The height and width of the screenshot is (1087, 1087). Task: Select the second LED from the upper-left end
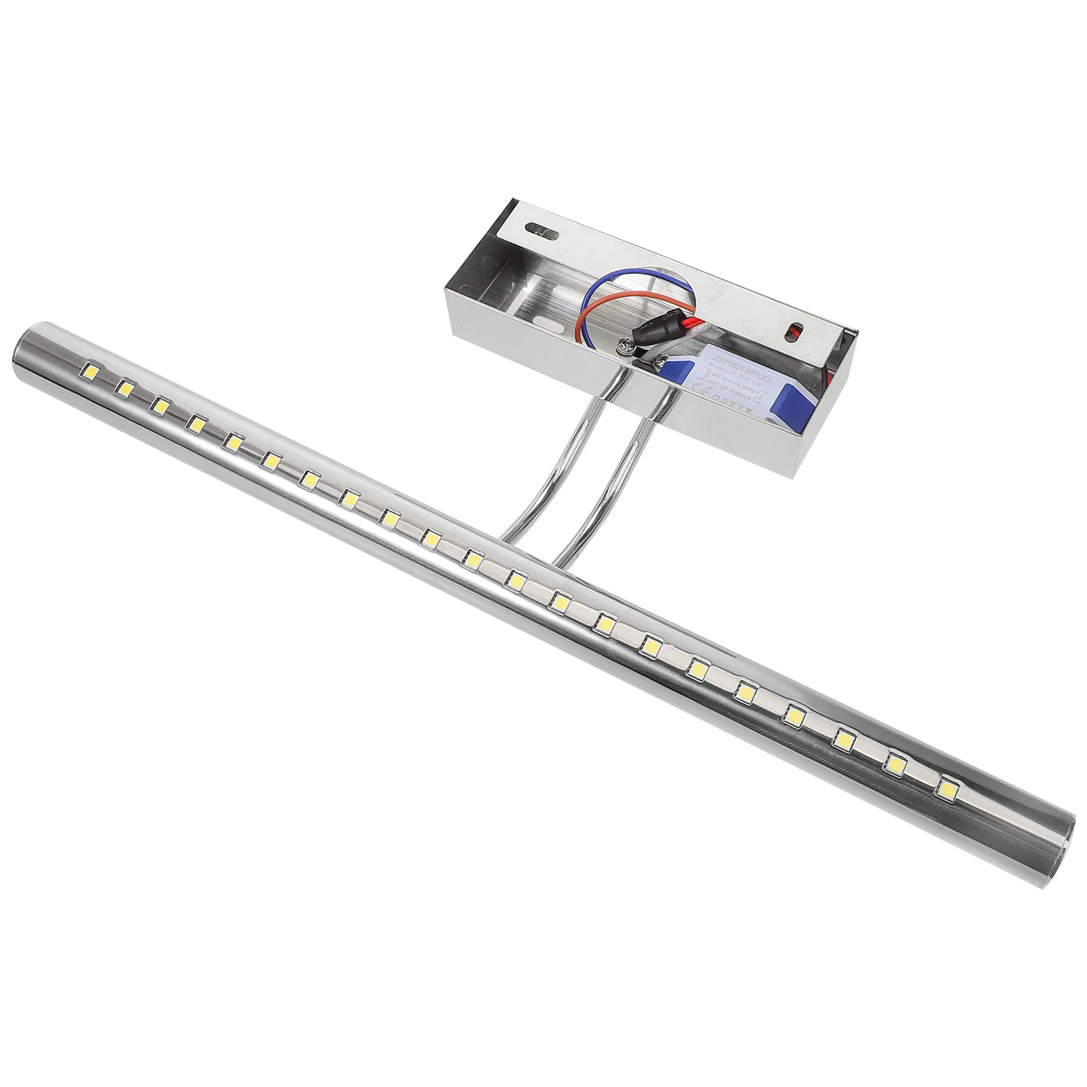coord(124,387)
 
